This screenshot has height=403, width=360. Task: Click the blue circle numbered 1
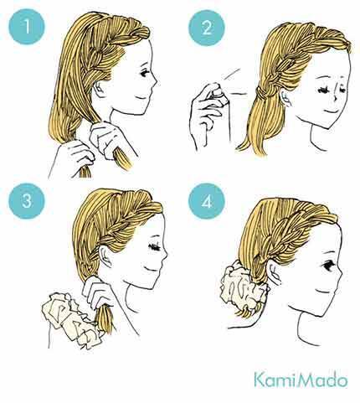27,27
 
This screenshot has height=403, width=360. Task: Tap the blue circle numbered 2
207,28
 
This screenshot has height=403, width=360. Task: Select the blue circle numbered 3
27,201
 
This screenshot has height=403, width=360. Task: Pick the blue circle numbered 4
207,201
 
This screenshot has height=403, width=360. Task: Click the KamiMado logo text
301,380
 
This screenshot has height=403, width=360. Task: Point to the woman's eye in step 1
145,73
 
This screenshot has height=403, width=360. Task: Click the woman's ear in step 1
99,90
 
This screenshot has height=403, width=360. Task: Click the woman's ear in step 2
285,98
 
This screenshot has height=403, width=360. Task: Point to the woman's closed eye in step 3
155,247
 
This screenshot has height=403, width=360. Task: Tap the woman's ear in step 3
105,256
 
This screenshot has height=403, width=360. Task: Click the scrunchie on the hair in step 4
242,287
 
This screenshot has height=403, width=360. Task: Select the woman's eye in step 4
329,266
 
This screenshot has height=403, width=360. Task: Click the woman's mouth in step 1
142,97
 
